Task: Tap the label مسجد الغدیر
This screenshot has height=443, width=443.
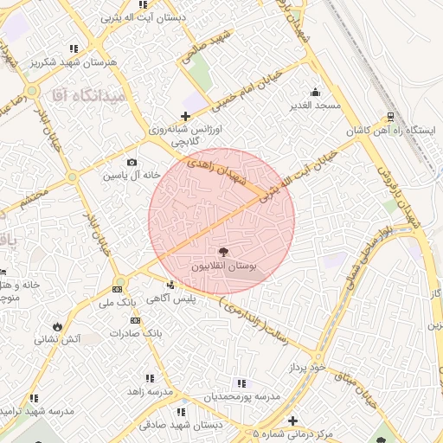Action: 316,105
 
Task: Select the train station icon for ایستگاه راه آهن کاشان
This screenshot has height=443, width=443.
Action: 390,116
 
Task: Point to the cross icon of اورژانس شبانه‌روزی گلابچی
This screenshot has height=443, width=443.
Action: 184,116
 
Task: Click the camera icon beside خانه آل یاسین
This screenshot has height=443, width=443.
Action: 132,162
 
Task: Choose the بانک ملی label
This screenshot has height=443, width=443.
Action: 119,302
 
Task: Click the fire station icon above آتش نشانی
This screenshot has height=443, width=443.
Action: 57,326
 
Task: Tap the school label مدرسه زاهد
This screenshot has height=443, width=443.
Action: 145,392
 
